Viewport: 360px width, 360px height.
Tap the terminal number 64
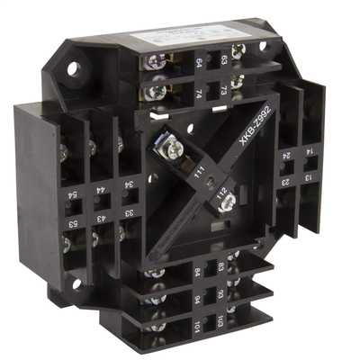click(x=199, y=64)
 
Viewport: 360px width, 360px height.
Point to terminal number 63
click(x=221, y=60)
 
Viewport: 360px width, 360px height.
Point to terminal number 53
click(x=70, y=219)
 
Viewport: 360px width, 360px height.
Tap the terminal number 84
click(x=197, y=270)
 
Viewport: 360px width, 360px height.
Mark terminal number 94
click(x=197, y=297)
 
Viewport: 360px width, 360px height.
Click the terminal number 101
click(x=197, y=322)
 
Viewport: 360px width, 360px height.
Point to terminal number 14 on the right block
click(x=310, y=152)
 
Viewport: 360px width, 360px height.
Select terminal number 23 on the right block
click(x=285, y=181)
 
